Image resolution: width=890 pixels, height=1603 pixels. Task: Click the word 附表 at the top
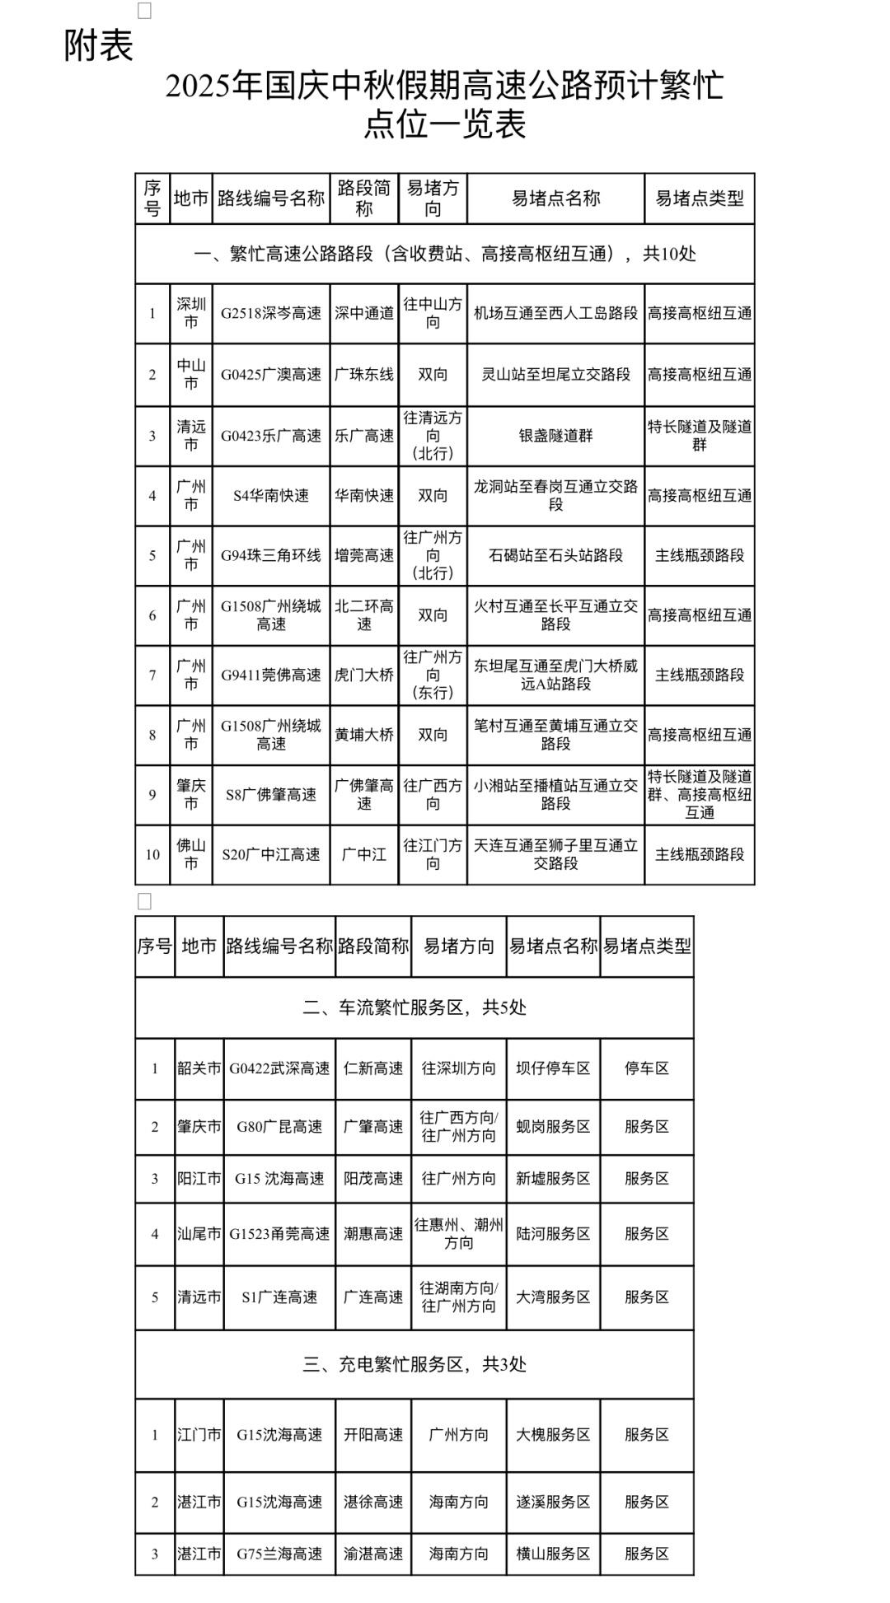99,45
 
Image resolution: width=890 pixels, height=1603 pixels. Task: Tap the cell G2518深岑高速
271,314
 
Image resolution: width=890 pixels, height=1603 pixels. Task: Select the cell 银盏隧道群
555,436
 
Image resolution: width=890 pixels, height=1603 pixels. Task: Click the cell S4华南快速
271,496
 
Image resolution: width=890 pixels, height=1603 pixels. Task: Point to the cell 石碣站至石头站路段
555,556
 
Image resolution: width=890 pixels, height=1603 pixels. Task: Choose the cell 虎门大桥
364,675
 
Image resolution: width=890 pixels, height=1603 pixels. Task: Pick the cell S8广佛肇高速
271,795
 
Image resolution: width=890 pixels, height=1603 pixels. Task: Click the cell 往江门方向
433,854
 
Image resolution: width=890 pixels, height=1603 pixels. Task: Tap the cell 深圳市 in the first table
191,314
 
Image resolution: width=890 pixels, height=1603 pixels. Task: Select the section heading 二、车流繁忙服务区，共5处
415,1007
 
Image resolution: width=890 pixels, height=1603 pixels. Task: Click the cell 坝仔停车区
553,1068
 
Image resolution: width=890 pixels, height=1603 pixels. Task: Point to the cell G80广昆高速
279,1127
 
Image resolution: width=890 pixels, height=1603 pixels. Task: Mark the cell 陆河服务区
553,1234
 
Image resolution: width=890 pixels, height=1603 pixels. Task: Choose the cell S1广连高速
279,1297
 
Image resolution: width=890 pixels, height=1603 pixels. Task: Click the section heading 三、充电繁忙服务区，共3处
415,1365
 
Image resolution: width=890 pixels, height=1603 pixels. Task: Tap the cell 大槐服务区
553,1435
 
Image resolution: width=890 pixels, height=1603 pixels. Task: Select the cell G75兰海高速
279,1554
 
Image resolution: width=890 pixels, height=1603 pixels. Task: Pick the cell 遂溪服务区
553,1503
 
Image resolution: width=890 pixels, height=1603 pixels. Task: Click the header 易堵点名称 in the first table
555,199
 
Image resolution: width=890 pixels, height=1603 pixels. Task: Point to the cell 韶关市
199,1068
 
